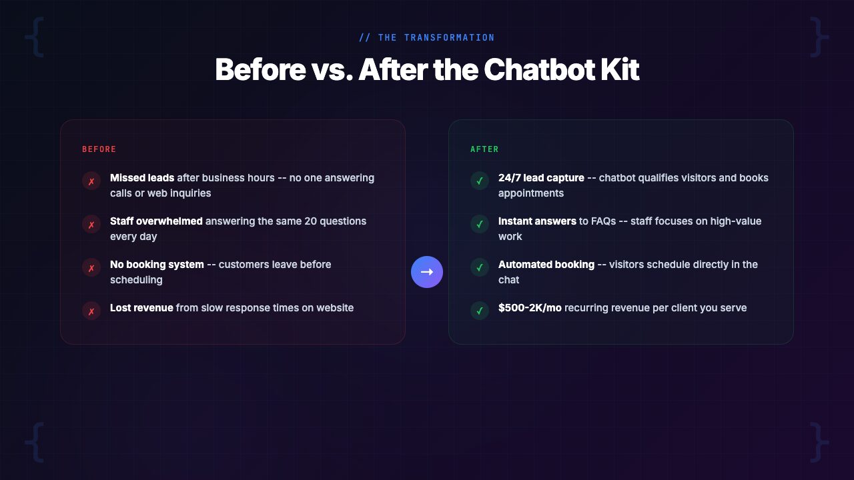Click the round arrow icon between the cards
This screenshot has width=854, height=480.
pos(427,272)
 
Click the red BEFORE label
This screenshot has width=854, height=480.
pos(99,149)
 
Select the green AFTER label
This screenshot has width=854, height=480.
pos(484,149)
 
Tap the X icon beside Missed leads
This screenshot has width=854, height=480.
pos(91,181)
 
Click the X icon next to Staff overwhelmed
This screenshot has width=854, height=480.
pos(91,224)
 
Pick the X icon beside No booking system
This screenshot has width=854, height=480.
pos(91,267)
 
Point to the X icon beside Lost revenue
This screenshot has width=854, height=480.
pos(91,311)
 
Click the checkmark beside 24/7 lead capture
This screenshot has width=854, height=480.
pos(480,181)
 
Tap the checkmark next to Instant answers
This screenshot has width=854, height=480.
pos(480,224)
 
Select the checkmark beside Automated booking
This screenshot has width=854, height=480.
pos(480,267)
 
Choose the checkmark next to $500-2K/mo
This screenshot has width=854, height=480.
pos(480,311)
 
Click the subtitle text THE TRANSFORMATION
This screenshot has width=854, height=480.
pos(436,38)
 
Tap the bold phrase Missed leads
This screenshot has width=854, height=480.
pos(142,178)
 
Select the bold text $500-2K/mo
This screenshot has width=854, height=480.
pos(530,308)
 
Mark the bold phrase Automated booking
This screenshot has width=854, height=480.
pos(546,265)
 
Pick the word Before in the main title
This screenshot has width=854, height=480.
pos(260,69)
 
